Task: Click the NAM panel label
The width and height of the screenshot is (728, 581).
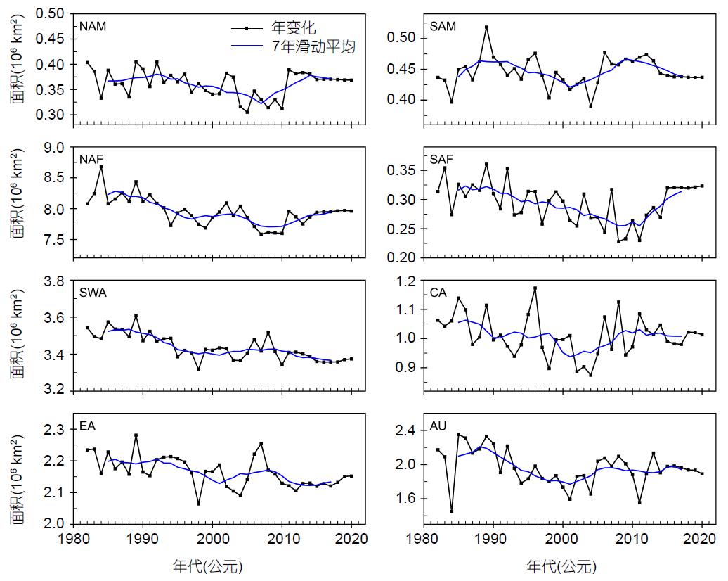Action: click(x=93, y=27)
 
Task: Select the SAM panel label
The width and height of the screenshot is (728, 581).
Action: click(x=443, y=27)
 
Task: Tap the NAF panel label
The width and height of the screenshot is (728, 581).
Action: click(x=92, y=159)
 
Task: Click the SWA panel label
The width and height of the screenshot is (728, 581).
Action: click(x=93, y=293)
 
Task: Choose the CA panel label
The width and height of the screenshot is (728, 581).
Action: click(x=438, y=293)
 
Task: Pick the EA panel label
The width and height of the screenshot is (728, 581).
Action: click(x=88, y=426)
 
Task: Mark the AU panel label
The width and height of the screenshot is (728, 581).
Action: click(x=438, y=426)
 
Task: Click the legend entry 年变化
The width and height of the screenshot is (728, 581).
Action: click(x=294, y=29)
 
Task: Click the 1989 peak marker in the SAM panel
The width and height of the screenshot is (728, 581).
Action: click(x=486, y=27)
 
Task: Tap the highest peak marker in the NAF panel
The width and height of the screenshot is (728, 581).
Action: click(x=101, y=167)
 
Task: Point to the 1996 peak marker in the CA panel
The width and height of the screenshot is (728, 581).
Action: click(x=535, y=288)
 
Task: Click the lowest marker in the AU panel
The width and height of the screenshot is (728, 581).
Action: click(x=451, y=511)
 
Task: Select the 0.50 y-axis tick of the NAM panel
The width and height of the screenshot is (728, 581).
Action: click(x=51, y=13)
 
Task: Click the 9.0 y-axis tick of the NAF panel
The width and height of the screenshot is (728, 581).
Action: click(x=55, y=148)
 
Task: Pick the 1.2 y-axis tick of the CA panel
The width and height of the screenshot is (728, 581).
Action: click(x=406, y=281)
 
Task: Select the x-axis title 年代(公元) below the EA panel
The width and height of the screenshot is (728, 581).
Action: click(x=208, y=566)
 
